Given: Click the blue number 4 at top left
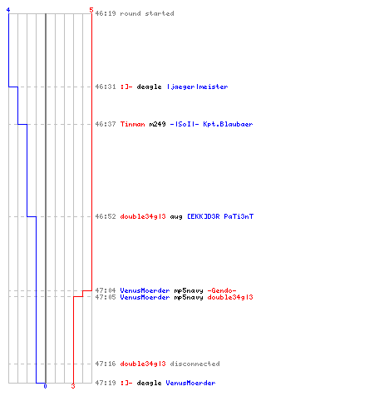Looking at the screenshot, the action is coord(8,10).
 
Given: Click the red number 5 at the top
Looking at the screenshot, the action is coord(91,10).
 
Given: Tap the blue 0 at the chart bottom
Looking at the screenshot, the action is coord(45,386).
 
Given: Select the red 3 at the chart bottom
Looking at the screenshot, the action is coord(73,386).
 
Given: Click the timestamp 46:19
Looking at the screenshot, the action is coord(106,13).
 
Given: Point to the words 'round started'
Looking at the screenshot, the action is coord(147,13).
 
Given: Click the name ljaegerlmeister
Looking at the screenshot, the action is coord(198,87).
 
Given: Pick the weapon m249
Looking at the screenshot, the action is coord(157,124).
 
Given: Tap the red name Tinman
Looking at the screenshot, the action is coord(132,124).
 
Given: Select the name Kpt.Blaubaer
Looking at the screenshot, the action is coord(228,124).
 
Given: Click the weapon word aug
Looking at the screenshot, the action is coord(176,216).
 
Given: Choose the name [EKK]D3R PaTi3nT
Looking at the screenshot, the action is coord(220,216).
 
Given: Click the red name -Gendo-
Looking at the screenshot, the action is coord(222,290).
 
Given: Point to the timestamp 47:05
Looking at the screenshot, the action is coord(106,297).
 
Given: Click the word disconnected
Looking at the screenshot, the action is coord(194,364).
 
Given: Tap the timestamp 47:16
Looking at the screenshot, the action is coord(106,364).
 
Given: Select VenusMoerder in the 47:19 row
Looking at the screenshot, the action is coord(190,383).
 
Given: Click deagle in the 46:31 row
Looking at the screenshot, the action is coord(149,87).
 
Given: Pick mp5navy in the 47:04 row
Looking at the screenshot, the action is coord(189,290).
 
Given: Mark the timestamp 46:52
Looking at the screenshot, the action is coord(106,216).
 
